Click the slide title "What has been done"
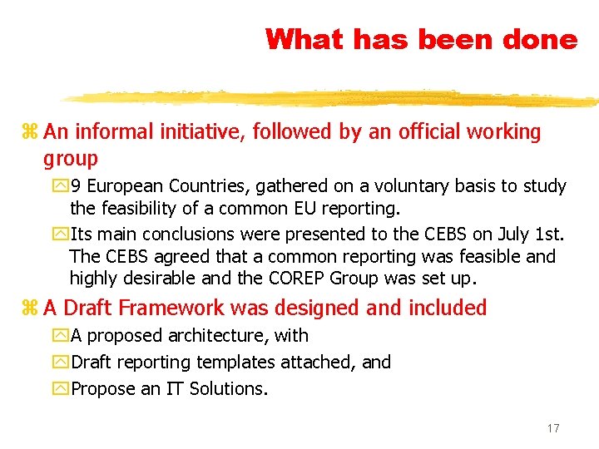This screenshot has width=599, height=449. click(x=421, y=39)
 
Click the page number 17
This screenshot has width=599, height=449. click(x=553, y=428)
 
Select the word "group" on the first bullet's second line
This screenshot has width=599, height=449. click(x=71, y=159)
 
